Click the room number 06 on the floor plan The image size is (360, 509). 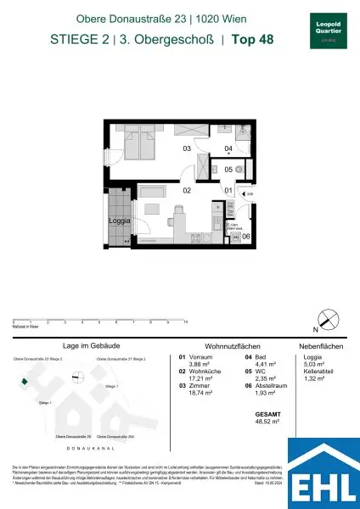pos(245,236)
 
